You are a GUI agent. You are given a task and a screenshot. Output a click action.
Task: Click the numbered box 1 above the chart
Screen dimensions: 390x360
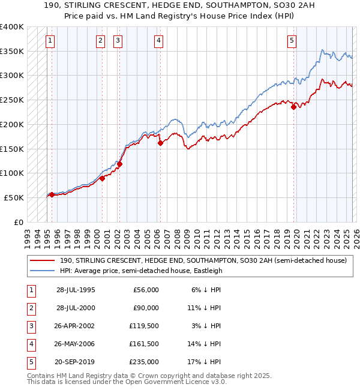click(x=49, y=41)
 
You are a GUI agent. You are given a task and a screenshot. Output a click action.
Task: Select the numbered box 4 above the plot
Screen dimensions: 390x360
click(x=158, y=41)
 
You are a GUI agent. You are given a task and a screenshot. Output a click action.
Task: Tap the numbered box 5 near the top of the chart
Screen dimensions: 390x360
click(x=292, y=41)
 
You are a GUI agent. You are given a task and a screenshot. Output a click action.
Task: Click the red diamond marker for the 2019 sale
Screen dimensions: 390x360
click(x=293, y=107)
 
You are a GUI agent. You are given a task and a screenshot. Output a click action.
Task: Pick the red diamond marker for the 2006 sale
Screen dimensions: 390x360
click(x=161, y=143)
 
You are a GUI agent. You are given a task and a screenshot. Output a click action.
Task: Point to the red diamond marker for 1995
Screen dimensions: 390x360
click(x=52, y=194)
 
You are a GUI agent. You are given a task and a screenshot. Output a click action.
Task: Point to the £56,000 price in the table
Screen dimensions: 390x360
click(x=145, y=290)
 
